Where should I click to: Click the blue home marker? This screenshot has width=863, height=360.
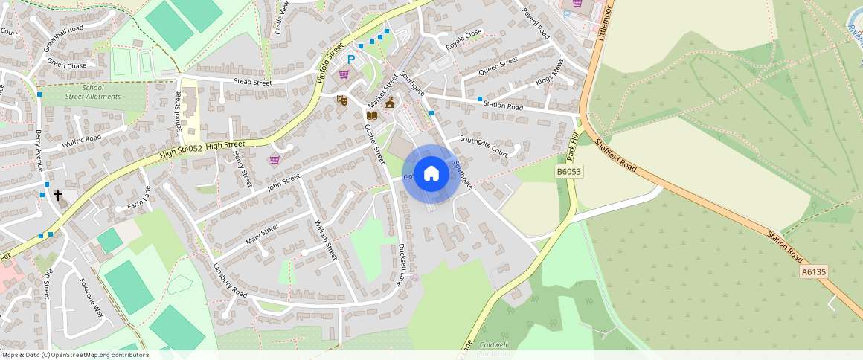(431, 174)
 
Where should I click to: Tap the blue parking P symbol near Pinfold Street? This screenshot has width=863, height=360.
(350, 59)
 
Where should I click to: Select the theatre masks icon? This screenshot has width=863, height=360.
(342, 99)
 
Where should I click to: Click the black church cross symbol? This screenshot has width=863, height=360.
(59, 196)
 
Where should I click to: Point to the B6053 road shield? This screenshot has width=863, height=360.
(569, 172)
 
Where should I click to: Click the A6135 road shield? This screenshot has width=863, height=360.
(814, 272)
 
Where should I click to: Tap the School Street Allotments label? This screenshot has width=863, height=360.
(92, 92)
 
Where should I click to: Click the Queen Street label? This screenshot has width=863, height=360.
(498, 66)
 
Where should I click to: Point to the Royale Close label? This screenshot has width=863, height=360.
(464, 39)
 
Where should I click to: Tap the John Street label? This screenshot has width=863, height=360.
(283, 183)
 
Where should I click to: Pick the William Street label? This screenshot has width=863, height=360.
(326, 240)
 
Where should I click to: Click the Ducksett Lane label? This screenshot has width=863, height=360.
(402, 265)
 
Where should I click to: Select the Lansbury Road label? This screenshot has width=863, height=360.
(229, 280)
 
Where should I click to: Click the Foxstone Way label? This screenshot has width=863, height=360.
(92, 298)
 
